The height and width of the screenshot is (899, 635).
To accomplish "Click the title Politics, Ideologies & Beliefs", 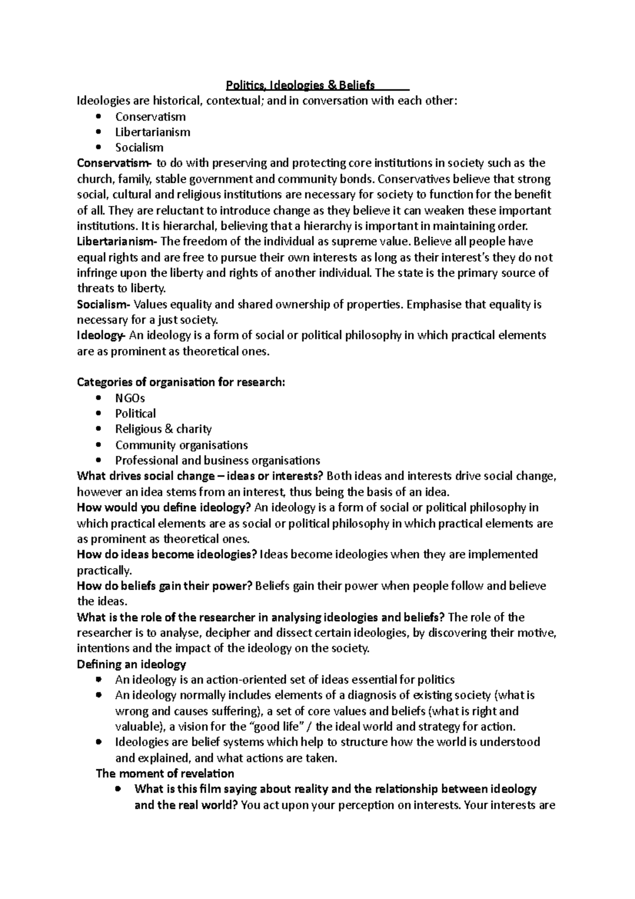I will coord(300,85).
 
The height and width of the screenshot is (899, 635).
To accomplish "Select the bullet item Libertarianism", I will coord(152,132).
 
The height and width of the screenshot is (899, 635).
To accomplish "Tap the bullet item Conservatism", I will coord(150,116).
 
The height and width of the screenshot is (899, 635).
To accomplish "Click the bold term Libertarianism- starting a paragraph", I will coord(116,242).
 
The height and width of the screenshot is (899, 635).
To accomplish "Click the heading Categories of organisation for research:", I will coord(181,382).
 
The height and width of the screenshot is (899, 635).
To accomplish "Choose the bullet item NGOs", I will coord(130,398).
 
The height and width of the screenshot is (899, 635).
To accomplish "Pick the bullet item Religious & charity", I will coord(163,429).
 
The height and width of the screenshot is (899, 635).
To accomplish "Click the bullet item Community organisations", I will coord(182,445).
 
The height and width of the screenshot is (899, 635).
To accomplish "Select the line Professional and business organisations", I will coord(217,461).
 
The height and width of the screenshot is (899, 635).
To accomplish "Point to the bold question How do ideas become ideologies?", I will coord(167,555).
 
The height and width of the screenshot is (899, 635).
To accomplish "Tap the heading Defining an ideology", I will coord(131,664).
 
